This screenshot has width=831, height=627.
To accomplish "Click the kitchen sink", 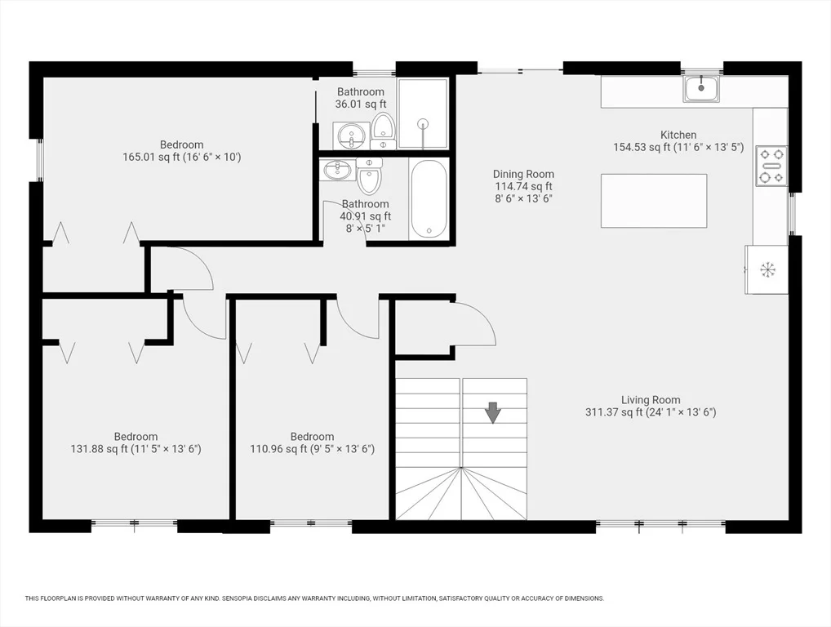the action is coord(701,88).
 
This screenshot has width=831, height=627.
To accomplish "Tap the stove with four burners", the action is coord(771,166).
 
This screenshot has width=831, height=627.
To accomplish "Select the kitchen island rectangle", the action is coord(654,201).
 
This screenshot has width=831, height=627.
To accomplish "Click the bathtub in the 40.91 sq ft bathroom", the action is coord(429,198).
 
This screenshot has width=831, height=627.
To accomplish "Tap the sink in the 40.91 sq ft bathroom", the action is coord(336,171).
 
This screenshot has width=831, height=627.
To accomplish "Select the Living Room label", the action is coord(651,400).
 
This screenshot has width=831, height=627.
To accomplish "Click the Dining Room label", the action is coord(523,174).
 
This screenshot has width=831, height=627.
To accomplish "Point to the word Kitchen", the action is coord(678,135).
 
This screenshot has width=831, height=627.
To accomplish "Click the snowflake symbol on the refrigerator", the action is coord(767,269).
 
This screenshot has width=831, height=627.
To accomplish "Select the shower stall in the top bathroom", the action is coord(423,114).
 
